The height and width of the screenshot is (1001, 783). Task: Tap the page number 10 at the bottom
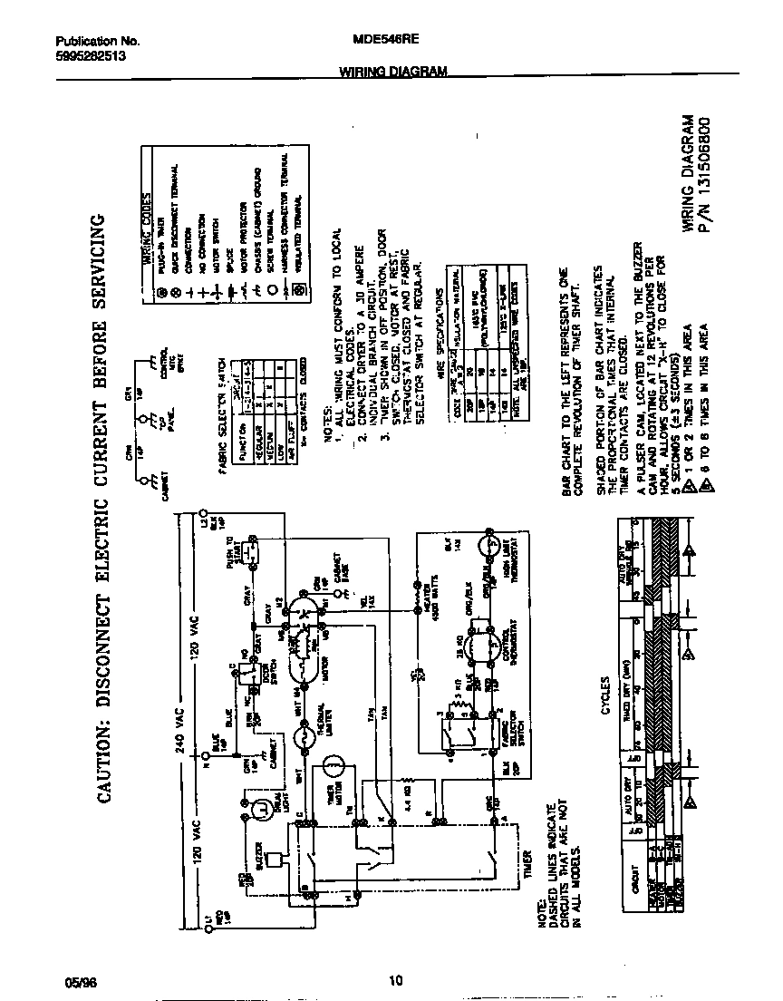point(394,980)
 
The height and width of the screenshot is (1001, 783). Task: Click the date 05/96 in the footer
point(80,980)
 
